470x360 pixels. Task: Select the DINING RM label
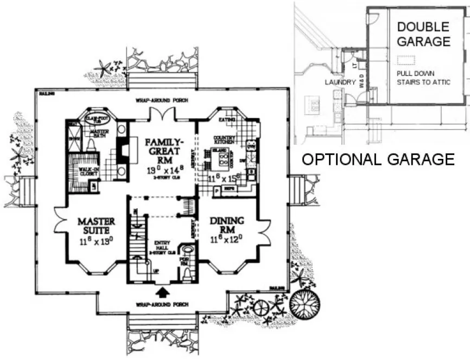(226, 226)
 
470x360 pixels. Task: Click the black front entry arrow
(161, 293)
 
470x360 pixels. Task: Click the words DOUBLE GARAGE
(423, 34)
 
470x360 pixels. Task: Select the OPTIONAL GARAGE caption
(378, 159)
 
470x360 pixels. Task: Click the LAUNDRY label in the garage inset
(340, 83)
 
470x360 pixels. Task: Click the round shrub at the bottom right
(303, 301)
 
